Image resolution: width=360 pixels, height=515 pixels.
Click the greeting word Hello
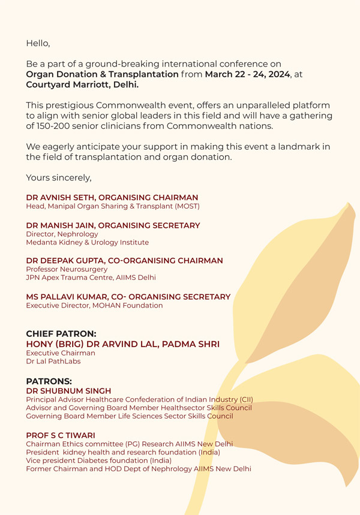pos(38,43)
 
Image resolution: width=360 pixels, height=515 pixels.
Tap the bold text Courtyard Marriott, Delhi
pos(82,85)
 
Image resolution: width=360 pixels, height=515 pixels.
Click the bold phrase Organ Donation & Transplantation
pos(102,74)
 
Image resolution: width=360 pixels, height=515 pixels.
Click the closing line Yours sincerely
pos(58,177)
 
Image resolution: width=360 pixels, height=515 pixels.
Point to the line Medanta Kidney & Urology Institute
pos(87,243)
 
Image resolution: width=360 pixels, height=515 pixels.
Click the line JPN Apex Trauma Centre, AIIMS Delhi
pos(91,278)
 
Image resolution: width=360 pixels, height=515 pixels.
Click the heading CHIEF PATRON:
pos(61,333)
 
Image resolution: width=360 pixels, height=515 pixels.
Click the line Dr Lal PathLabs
pos(53,362)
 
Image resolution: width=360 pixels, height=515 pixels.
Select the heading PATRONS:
pos(49,381)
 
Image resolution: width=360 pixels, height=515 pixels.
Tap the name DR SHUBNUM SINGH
pos(68,391)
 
